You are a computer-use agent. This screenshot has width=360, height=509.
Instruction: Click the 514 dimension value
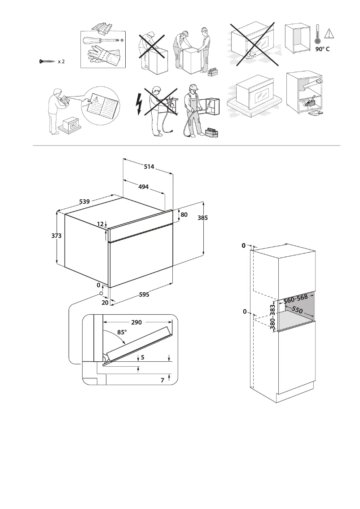click(149, 167)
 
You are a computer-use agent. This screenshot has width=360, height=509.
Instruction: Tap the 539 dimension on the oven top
click(84, 202)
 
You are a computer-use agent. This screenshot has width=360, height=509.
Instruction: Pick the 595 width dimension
click(144, 295)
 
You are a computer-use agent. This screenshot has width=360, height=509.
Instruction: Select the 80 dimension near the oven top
click(184, 215)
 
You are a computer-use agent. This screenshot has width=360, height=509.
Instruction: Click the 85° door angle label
click(122, 333)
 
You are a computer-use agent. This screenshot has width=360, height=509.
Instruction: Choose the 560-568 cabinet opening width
click(295, 298)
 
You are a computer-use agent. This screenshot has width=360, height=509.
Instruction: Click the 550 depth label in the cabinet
click(298, 310)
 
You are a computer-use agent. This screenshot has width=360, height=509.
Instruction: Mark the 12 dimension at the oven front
click(100, 224)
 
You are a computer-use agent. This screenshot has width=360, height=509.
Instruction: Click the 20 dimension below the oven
click(105, 303)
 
